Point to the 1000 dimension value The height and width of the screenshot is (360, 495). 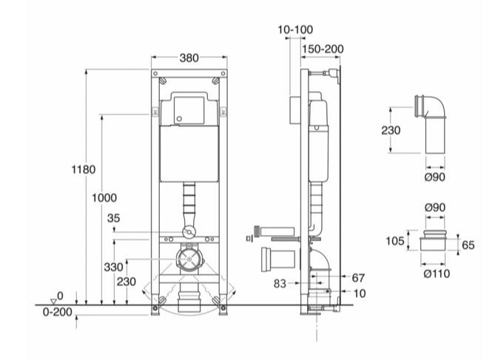(104, 198)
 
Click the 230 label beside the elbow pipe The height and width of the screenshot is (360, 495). (391, 130)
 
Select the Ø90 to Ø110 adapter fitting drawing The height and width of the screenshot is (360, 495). (436, 244)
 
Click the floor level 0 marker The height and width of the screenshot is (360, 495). (61, 294)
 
